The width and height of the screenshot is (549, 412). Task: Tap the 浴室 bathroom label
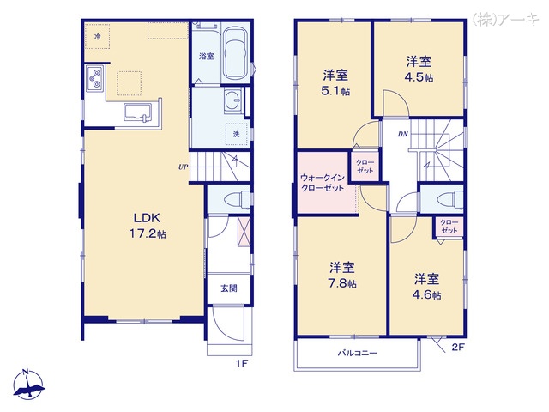[x=206, y=57]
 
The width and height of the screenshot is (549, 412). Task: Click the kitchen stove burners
[x=94, y=82]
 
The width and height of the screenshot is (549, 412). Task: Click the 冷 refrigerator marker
[x=99, y=37]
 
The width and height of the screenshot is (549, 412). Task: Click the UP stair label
[x=183, y=167]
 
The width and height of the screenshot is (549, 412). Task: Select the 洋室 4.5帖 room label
[x=419, y=69]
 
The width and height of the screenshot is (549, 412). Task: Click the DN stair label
[x=402, y=135]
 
